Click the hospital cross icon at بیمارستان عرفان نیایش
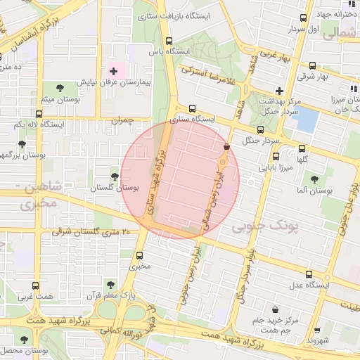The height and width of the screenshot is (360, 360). coord(113,72)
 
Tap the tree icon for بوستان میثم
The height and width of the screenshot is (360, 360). coord(59,87)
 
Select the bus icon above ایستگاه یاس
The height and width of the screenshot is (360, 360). coord(168,41)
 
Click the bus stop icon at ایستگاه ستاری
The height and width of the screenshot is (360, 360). coord(193,108)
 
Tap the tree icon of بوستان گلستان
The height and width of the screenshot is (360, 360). coord(115,176)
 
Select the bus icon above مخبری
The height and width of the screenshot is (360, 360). coord(139,255)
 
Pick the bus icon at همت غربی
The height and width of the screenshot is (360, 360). coord(36,285)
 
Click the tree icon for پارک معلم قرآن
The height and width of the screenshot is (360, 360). coord(110,284)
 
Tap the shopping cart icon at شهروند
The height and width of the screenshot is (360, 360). coord(318,328)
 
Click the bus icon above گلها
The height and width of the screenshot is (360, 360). coord(302,148)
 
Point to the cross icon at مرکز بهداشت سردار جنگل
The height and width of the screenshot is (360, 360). coord(280,91)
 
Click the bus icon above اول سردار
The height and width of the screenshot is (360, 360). coord(303,18)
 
